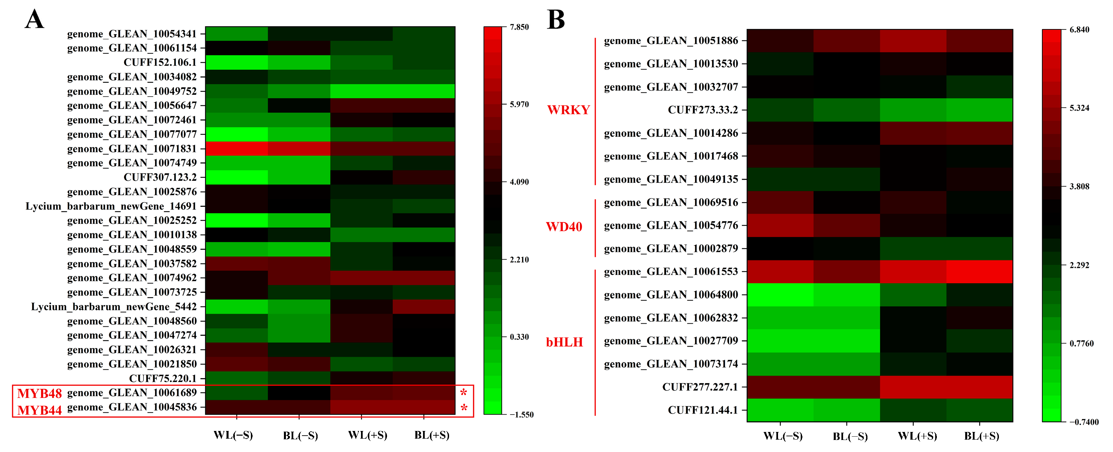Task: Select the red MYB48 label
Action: [39, 393]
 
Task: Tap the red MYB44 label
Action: [39, 410]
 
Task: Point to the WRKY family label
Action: [568, 110]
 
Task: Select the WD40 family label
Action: [564, 226]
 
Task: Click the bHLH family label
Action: [564, 342]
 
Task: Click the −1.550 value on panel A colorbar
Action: [521, 414]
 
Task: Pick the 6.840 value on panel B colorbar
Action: [1079, 29]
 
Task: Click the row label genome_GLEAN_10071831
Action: [132, 148]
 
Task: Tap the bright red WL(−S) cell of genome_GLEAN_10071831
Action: [236, 148]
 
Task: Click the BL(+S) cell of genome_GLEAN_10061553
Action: [979, 272]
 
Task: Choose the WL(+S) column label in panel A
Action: [367, 435]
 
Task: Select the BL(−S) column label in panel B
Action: [850, 436]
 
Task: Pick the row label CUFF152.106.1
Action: [160, 62]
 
